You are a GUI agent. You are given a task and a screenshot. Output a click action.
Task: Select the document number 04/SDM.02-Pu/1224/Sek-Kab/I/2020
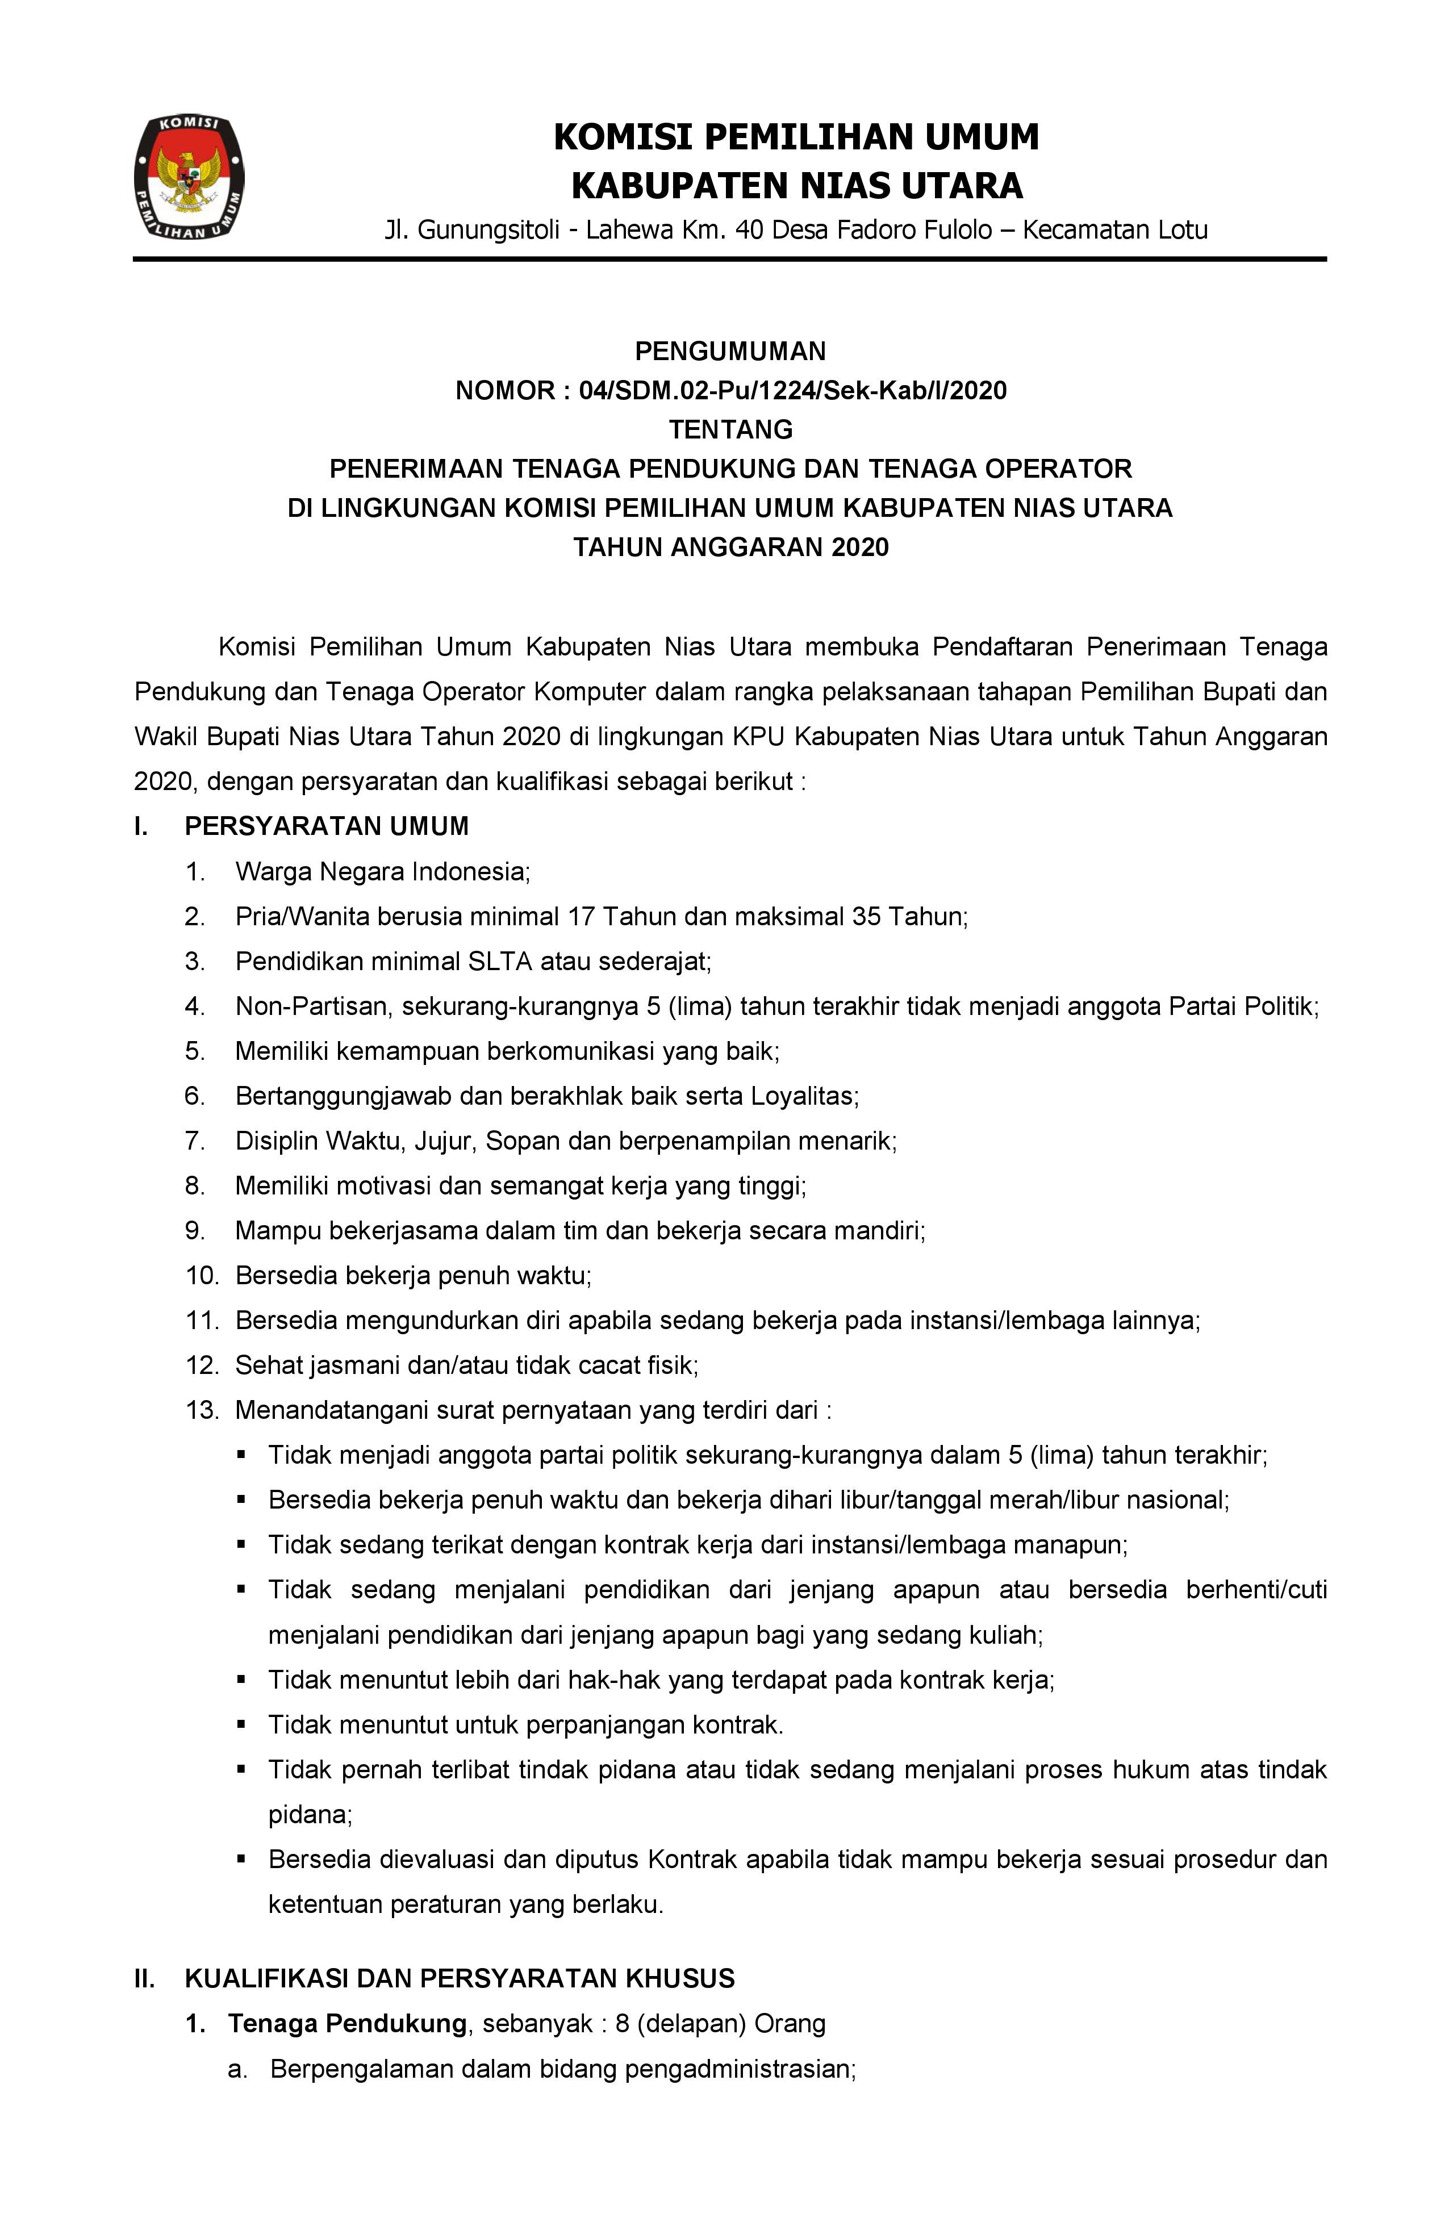792,391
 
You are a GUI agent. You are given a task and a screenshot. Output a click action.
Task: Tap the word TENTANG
731,430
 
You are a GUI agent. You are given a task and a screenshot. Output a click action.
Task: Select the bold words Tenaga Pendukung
348,2023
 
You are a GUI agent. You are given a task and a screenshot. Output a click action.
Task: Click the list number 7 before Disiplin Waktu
194,1141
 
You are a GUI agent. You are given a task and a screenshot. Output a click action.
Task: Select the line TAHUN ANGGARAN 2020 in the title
731,547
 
